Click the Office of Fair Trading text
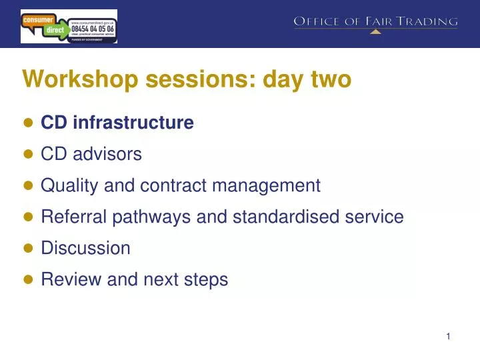[376, 22]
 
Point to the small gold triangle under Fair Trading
[376, 31]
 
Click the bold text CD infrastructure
[117, 123]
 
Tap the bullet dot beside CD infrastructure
[28, 123]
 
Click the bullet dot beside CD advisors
[28, 155]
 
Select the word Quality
[68, 185]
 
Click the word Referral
[69, 217]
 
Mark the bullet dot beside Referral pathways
[28, 217]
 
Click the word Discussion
[85, 248]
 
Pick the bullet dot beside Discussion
[28, 249]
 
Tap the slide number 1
[449, 337]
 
